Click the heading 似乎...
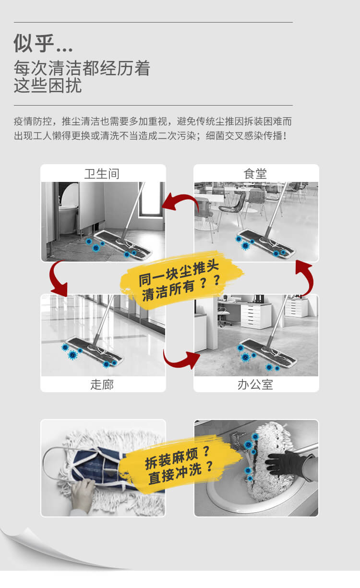tap(43, 43)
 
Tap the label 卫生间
tap(102, 173)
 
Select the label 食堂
tap(255, 173)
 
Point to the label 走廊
tap(102, 384)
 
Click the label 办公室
tap(255, 384)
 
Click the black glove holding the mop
tap(286, 464)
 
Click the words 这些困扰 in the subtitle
tap(48, 85)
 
